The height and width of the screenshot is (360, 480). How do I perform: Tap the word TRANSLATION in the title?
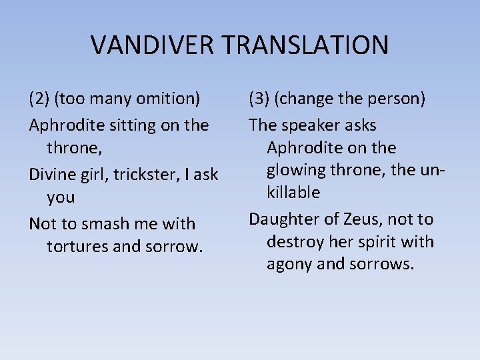pyautogui.click(x=306, y=45)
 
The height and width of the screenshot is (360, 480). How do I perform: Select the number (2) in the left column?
pyautogui.click(x=39, y=99)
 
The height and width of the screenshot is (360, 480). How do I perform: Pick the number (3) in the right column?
pyautogui.click(x=259, y=99)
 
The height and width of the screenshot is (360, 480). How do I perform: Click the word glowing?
pyautogui.click(x=297, y=170)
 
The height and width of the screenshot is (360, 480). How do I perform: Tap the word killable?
pyautogui.click(x=293, y=193)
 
